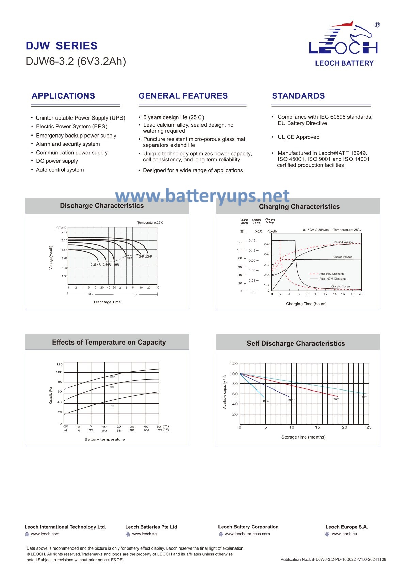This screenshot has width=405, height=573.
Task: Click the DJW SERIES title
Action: [x=62, y=46]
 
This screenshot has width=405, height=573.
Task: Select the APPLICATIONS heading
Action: [x=63, y=96]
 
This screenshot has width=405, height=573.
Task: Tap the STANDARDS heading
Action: [x=298, y=96]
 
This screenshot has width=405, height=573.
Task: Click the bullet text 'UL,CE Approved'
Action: [x=298, y=137]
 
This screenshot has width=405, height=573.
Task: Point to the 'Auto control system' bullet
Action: [x=60, y=170]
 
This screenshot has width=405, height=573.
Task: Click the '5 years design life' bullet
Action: [x=174, y=117]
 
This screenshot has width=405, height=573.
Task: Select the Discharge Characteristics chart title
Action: [x=102, y=206]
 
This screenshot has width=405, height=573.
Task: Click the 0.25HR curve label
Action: [x=95, y=265]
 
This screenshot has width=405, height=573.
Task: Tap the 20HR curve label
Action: [x=149, y=257]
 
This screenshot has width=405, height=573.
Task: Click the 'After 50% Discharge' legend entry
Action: [x=331, y=274]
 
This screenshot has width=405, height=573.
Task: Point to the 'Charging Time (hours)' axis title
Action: [x=306, y=304]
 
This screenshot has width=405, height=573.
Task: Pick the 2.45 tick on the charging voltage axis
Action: [x=267, y=244]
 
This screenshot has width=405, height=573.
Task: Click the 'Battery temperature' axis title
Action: [x=104, y=439]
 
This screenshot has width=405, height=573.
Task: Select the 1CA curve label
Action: [x=112, y=405]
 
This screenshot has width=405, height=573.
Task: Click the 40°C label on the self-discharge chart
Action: [x=265, y=401]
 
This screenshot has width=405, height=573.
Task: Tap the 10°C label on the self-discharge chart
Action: [x=363, y=397]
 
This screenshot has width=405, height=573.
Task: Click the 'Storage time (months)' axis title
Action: [x=303, y=437]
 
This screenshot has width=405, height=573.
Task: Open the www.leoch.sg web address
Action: [x=144, y=534]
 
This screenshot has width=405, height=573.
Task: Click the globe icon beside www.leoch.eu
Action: [x=327, y=534]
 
